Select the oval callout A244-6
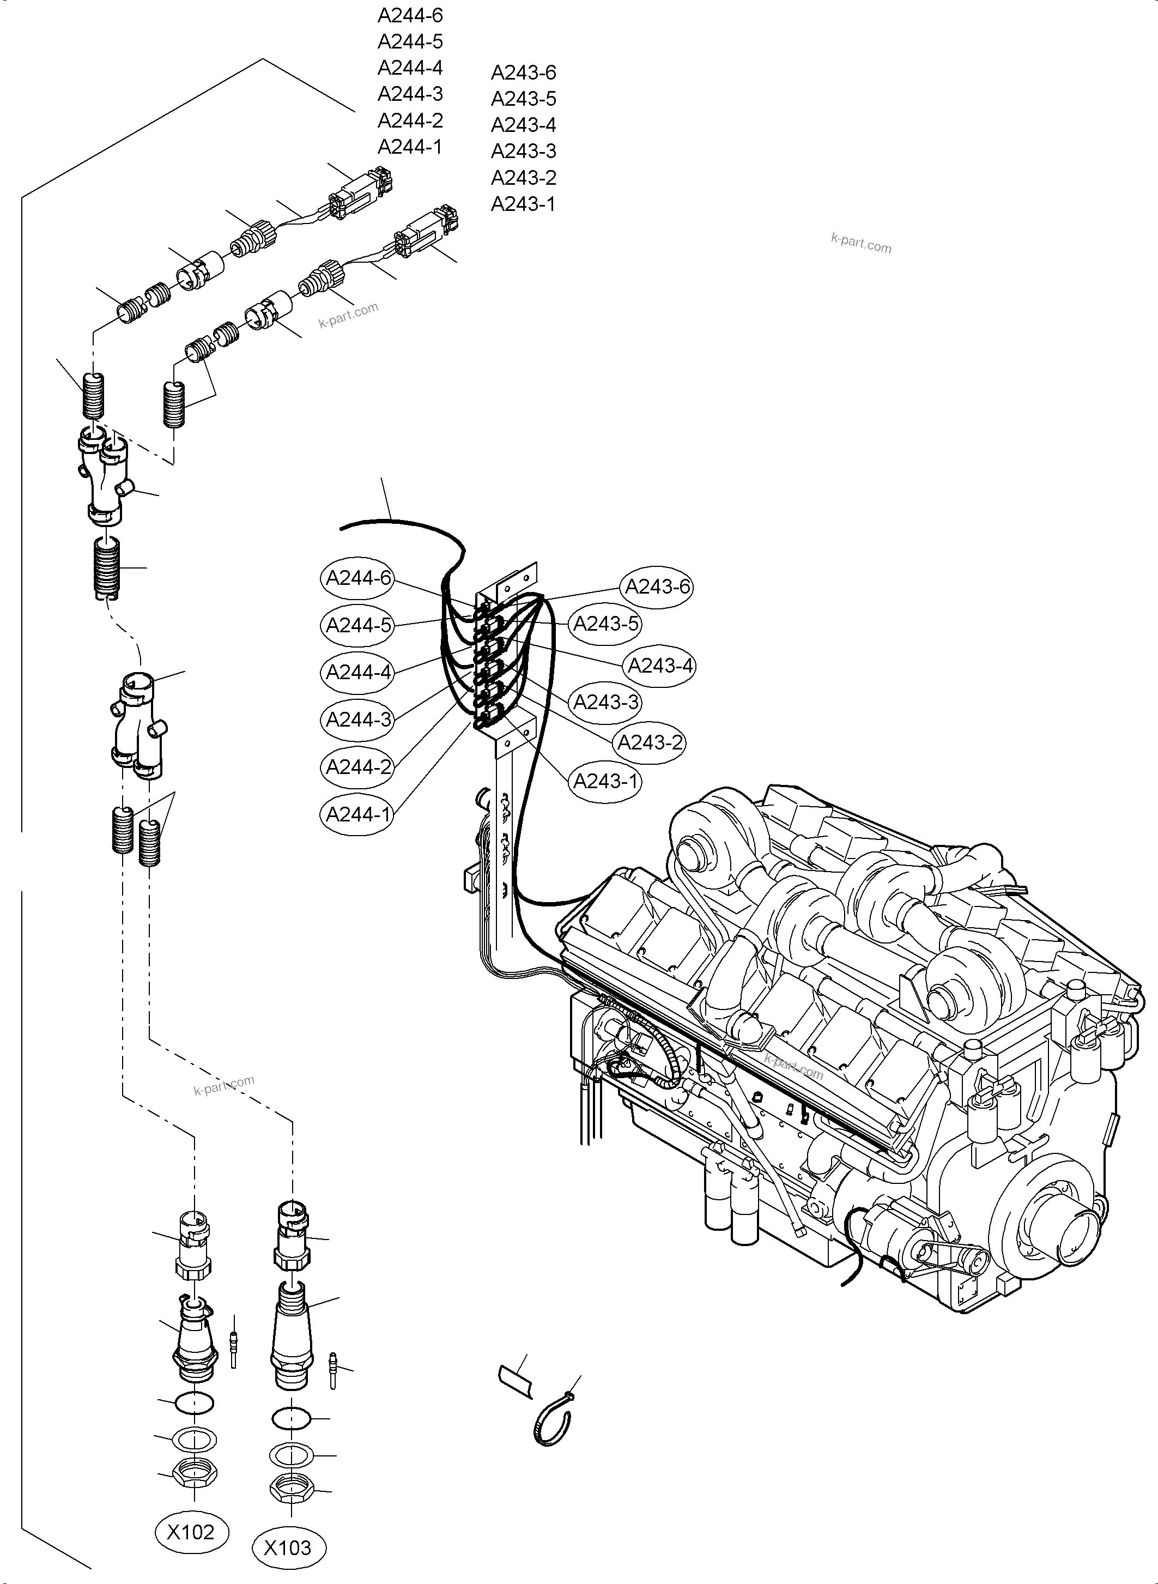click(358, 578)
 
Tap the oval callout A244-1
click(358, 814)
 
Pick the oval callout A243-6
click(657, 586)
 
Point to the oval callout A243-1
click(605, 781)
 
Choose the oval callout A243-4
click(659, 666)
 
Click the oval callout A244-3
click(358, 720)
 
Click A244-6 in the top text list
click(410, 15)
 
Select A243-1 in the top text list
click(523, 204)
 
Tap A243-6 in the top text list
click(523, 72)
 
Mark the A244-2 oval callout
click(358, 766)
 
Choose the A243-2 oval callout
click(649, 742)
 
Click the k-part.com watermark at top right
click(861, 243)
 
